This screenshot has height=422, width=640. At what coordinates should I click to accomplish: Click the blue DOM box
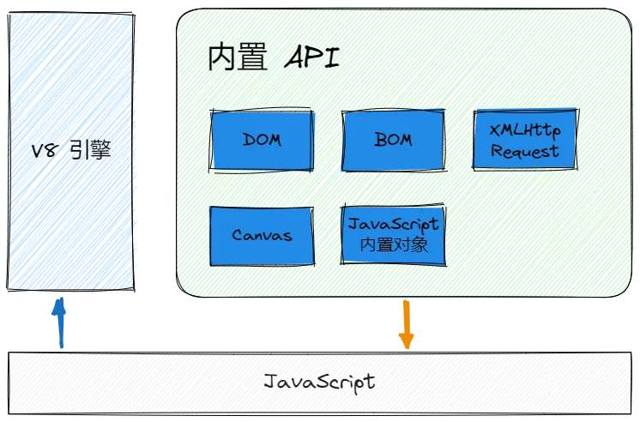point(262,140)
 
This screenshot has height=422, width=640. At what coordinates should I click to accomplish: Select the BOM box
point(394,140)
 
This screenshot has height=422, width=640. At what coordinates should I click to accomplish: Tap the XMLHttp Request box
point(525,140)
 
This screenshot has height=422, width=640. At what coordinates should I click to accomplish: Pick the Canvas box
point(262,235)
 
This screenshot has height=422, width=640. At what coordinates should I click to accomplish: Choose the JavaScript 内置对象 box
point(394,235)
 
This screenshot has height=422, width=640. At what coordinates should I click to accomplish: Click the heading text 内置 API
point(273,60)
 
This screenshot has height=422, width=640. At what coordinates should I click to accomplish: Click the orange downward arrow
point(406,324)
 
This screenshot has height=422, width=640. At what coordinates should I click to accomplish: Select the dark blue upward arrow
point(59,323)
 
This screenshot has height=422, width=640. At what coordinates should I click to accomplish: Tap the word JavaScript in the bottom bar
point(319,382)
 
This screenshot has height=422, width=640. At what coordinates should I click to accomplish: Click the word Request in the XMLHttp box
point(525,152)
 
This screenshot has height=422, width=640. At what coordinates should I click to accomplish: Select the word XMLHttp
point(525,130)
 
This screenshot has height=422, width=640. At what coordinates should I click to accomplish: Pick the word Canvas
point(262,235)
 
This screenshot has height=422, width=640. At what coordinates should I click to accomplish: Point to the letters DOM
point(262,140)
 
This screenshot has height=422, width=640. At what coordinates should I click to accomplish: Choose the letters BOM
point(394,140)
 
